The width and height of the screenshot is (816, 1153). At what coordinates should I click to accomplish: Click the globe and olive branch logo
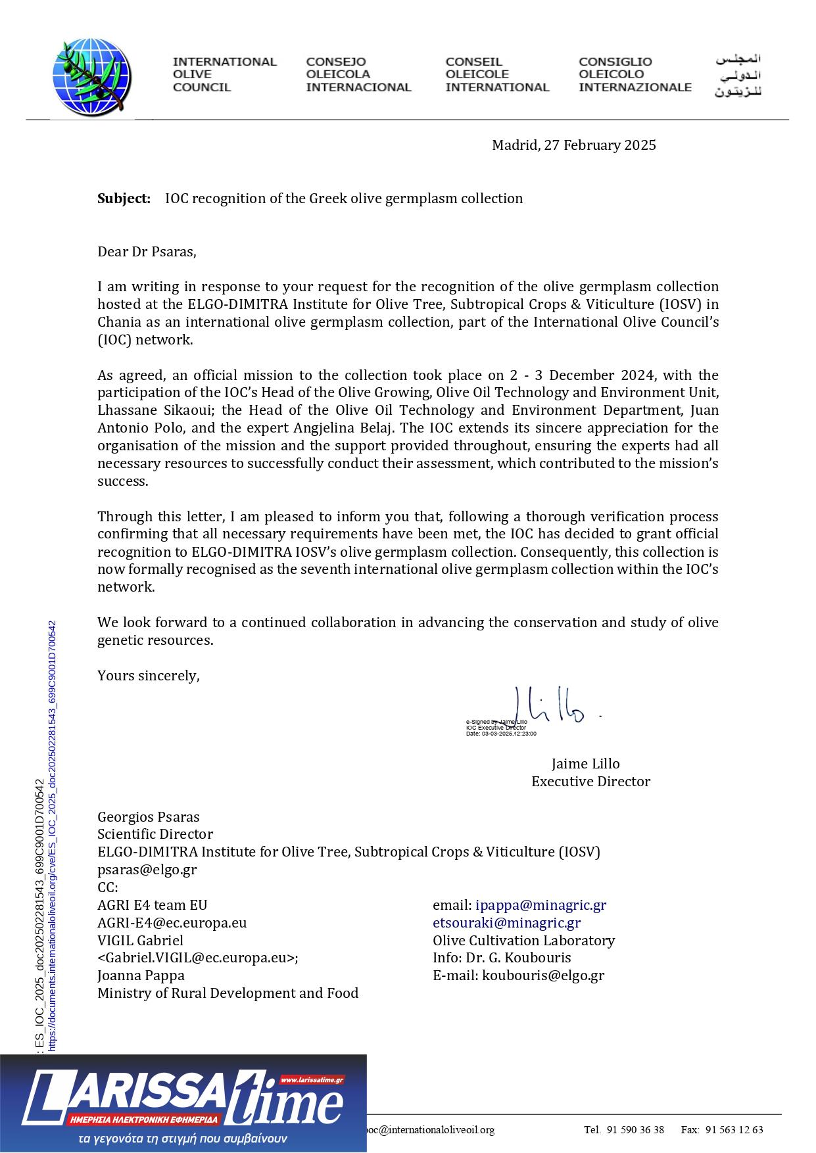point(92,77)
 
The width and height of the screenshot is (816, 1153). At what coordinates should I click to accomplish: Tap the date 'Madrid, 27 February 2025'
point(573,145)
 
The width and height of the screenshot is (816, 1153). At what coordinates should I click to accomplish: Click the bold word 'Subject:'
point(124,199)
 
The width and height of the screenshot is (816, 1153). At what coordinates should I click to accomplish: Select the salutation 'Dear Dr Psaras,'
point(147,252)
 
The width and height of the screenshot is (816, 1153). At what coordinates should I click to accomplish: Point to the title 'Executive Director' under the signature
point(590,782)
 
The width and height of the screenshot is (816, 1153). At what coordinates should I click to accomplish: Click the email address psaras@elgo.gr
point(147,870)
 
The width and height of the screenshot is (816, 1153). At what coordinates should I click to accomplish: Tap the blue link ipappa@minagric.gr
point(540,905)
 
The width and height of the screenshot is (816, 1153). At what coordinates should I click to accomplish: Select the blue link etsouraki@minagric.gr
point(506,923)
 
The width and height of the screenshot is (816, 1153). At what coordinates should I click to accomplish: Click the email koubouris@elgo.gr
point(542,976)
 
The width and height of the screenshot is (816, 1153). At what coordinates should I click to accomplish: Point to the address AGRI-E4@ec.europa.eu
point(172,923)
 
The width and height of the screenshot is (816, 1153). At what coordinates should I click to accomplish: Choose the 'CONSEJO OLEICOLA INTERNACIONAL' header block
point(358,74)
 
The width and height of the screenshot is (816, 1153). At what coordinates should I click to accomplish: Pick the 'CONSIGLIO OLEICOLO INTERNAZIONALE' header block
point(635,74)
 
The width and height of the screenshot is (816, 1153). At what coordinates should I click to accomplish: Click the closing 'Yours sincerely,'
point(148,676)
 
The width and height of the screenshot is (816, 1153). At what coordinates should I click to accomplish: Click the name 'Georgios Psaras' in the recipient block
point(148,817)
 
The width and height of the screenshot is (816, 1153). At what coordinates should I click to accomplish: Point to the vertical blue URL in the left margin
point(53,835)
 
